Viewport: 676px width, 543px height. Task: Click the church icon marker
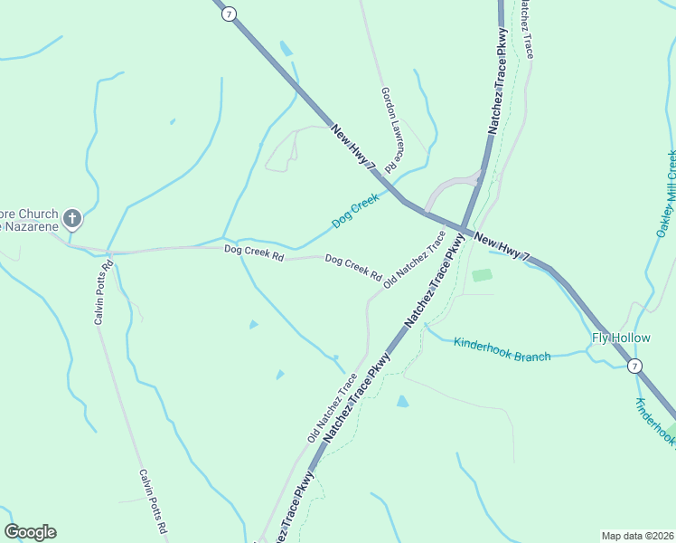tap(72, 218)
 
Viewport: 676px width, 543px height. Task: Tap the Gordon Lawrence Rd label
tap(390, 129)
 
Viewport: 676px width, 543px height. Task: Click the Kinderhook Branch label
tap(502, 349)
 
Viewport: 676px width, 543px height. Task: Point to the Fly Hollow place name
tap(621, 338)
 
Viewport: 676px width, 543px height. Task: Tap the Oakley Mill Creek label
tap(667, 194)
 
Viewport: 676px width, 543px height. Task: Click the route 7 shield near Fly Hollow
tap(635, 366)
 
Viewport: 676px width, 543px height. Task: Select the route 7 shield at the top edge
tap(230, 13)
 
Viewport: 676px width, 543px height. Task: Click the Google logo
tap(30, 532)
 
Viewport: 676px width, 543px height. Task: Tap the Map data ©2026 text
tap(637, 535)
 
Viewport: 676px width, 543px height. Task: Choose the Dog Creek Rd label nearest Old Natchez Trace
tap(353, 266)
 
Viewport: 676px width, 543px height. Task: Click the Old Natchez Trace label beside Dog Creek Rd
tap(414, 260)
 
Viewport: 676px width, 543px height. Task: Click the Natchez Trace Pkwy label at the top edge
tap(498, 81)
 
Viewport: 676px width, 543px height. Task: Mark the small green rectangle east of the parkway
tap(482, 274)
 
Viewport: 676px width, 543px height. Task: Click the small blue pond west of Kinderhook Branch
tap(402, 401)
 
